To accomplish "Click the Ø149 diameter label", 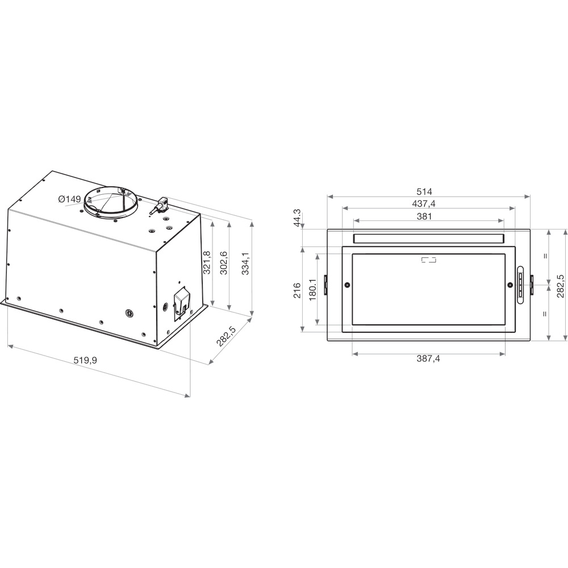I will pyautogui.click(x=69, y=199).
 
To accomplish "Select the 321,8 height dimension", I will pyautogui.click(x=207, y=262).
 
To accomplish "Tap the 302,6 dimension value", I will pyautogui.click(x=224, y=262).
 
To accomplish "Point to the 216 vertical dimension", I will pyautogui.click(x=296, y=290).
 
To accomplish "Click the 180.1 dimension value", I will pyautogui.click(x=312, y=290).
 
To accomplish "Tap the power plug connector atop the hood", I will pyautogui.click(x=161, y=205).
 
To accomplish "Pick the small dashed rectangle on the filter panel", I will pyautogui.click(x=429, y=260).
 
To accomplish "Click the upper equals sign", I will pyautogui.click(x=545, y=256).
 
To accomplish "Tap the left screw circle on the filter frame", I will pyautogui.click(x=347, y=285).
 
